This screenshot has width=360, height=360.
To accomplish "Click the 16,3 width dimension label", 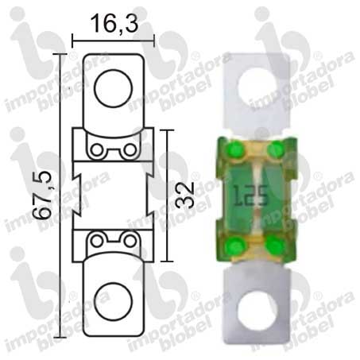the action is pos(114,24).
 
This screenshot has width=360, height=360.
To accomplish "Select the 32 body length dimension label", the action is pos(185,195).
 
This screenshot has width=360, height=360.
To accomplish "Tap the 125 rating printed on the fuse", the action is pos(251,195).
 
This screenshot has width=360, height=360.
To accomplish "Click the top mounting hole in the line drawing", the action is pos(113,88).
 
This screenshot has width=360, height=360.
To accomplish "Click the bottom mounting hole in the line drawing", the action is pos(113,301).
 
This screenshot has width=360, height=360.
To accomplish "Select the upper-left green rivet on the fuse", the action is pos(236,149).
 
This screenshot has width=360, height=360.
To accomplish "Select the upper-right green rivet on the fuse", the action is pos(276,149).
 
